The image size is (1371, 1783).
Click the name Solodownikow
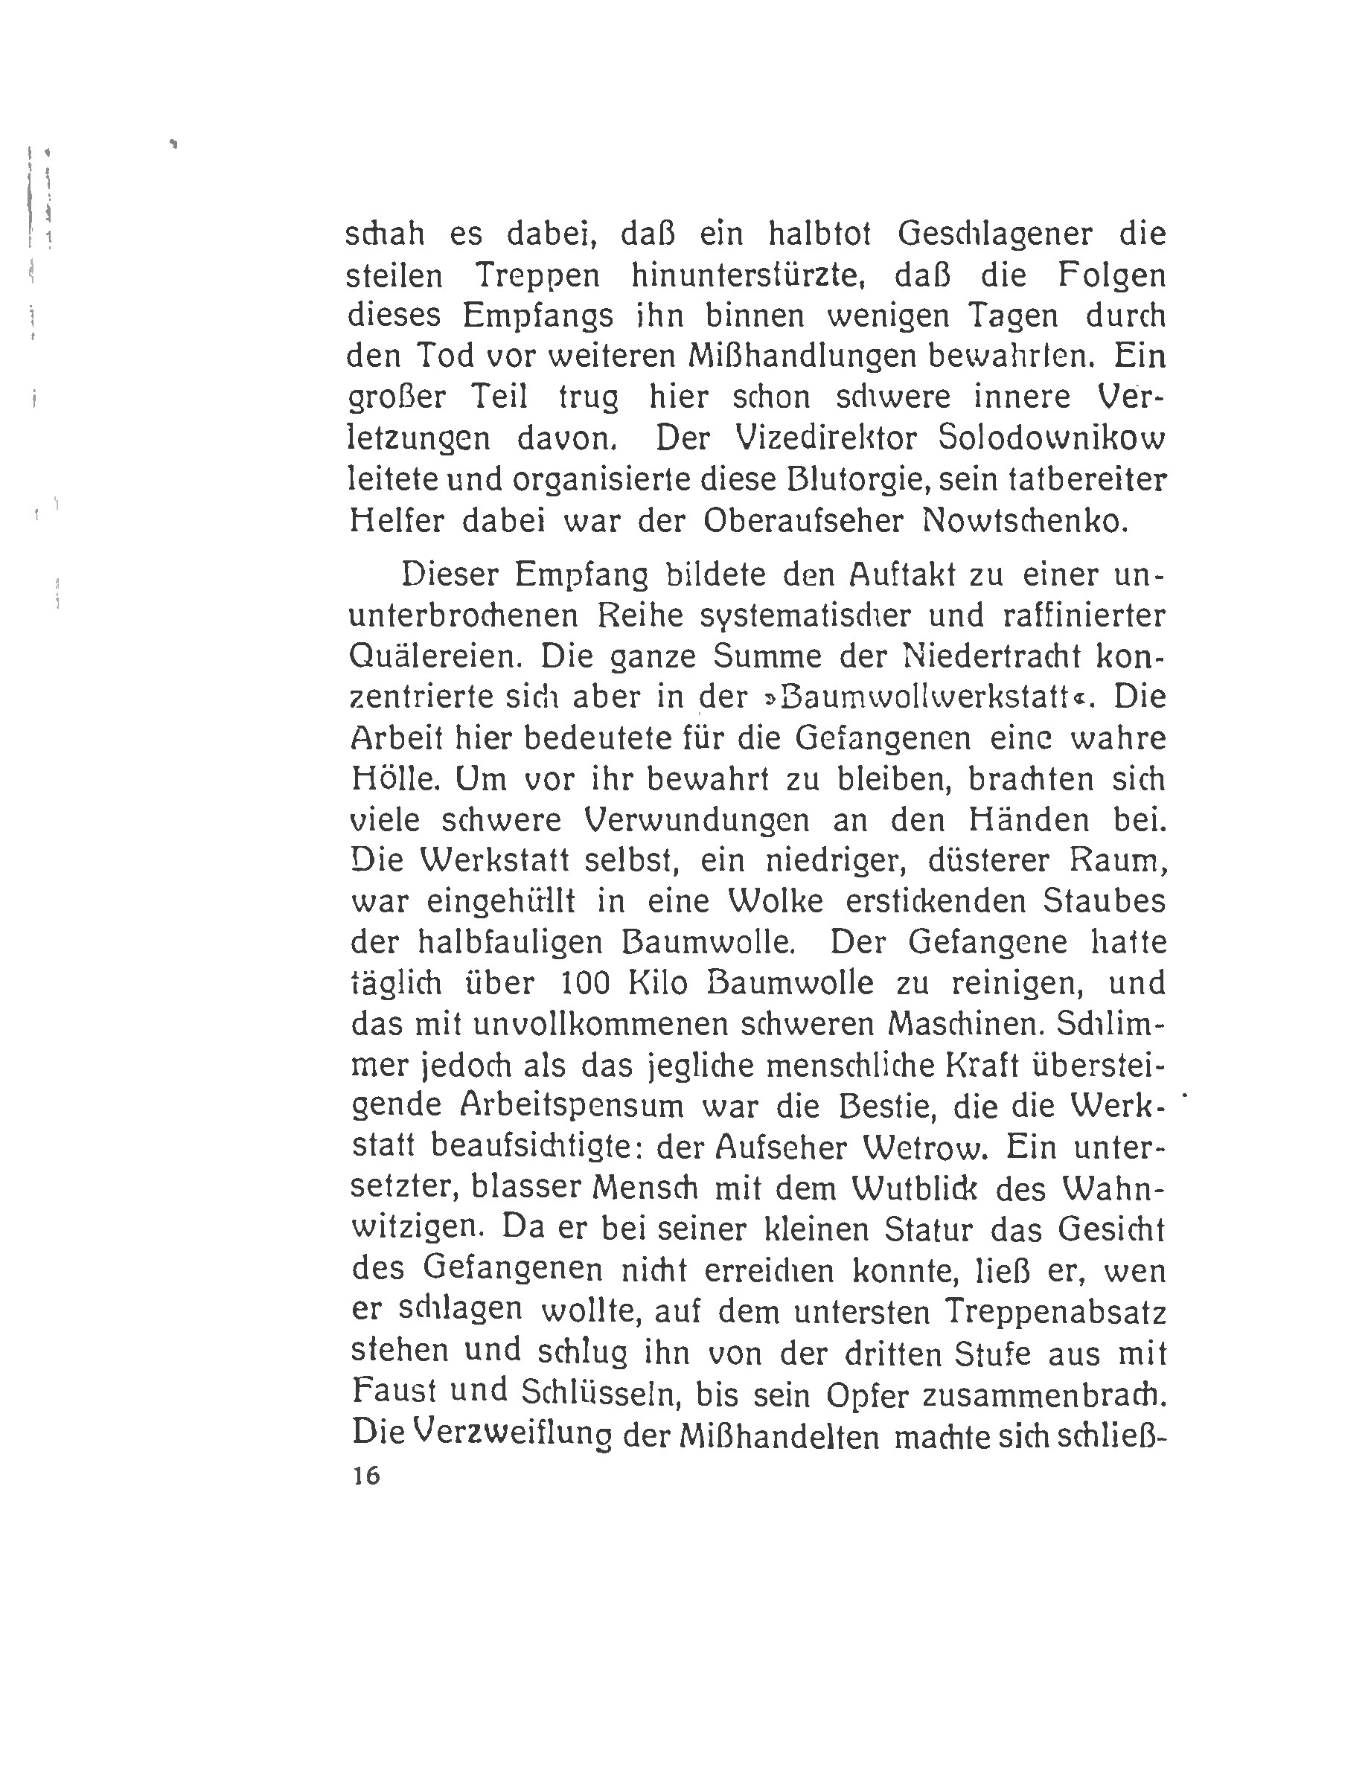pyautogui.click(x=1052, y=438)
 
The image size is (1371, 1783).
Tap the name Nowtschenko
pyautogui.click(x=1024, y=521)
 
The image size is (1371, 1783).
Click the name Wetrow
pyautogui.click(x=925, y=1147)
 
